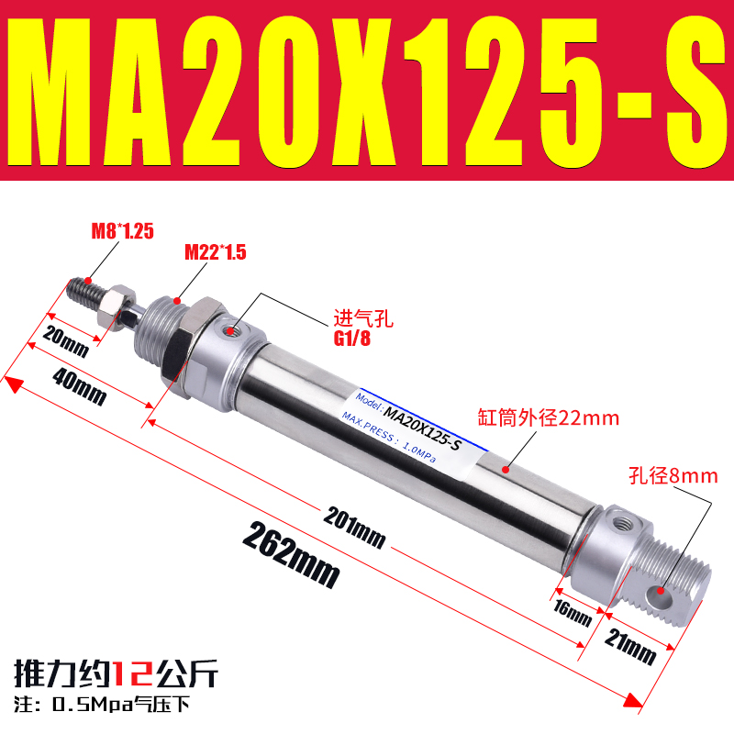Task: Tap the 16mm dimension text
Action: point(572,610)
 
